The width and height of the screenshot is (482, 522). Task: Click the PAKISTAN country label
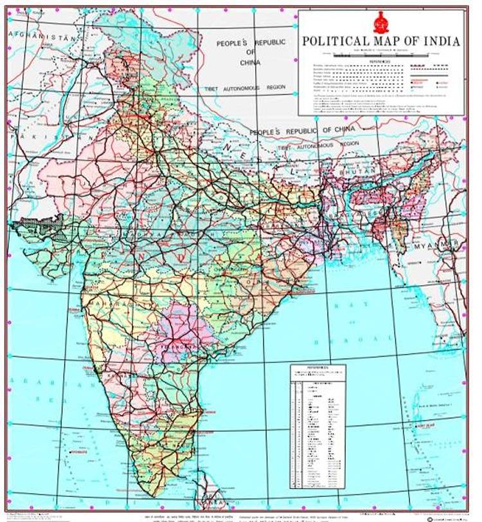pyautogui.click(x=26, y=138)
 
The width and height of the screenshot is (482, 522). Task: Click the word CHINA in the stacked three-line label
pyautogui.click(x=250, y=62)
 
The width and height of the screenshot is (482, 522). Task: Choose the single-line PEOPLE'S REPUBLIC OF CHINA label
pyautogui.click(x=310, y=131)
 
